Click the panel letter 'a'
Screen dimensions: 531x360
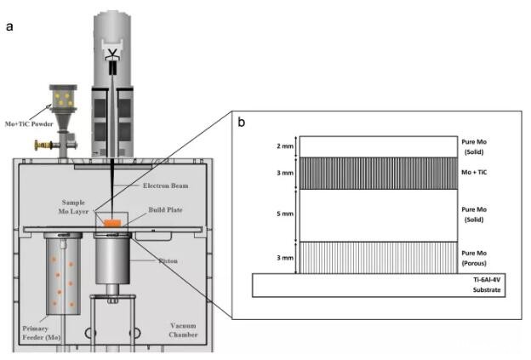point(9,26)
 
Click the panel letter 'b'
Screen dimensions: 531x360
point(241,122)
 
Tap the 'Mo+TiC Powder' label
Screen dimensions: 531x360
point(29,124)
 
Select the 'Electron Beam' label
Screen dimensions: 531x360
point(165,186)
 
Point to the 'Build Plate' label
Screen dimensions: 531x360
point(165,209)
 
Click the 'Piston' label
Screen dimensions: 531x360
point(168,260)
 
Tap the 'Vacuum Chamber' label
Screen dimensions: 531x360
point(183,330)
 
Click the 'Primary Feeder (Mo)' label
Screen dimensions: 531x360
point(42,333)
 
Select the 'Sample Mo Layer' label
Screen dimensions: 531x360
point(73,207)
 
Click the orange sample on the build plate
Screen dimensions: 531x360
point(112,223)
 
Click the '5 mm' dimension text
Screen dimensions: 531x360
point(285,214)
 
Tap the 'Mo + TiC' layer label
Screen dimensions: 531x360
point(474,172)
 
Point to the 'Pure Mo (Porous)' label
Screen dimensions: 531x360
point(474,258)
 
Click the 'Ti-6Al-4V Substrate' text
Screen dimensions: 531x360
point(487,285)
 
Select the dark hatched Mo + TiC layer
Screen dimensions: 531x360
point(379,173)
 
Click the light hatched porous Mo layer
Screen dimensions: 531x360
point(379,258)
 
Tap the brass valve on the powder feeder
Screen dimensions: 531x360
point(43,146)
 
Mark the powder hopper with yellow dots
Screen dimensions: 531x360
point(63,98)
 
